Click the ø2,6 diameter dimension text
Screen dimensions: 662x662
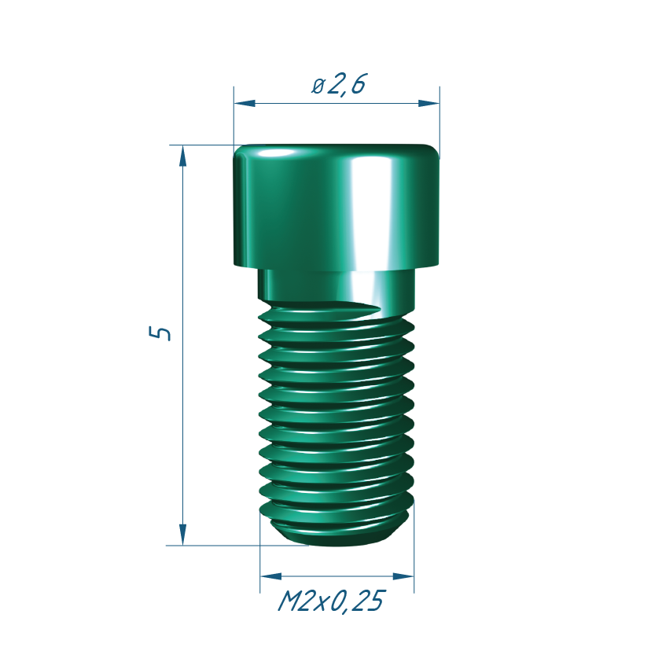339,84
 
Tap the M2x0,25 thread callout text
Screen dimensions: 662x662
332,601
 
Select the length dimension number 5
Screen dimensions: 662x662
160,333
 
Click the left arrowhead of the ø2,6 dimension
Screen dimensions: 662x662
245,104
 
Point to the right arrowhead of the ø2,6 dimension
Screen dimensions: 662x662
428,104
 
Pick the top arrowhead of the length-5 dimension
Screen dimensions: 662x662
183,156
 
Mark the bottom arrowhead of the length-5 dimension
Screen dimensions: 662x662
183,535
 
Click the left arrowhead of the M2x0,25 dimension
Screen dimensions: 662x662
271,576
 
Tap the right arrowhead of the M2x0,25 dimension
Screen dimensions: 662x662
403,576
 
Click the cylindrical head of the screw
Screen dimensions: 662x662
336,207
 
